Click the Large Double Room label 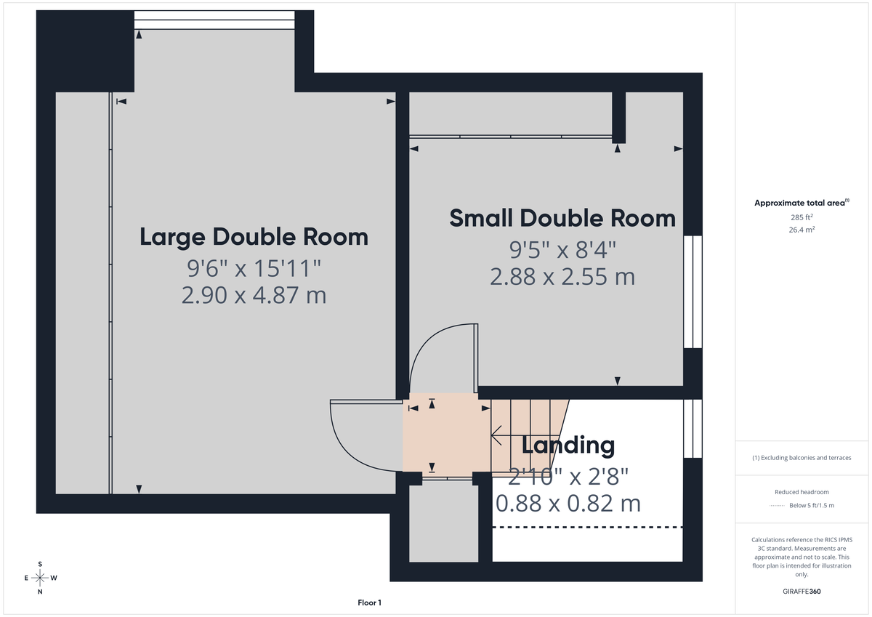point(254,237)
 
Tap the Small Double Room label point(562,218)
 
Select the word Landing point(568,445)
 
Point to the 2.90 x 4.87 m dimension point(254,296)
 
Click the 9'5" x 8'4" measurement point(562,250)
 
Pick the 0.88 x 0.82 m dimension point(568,503)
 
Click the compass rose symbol point(40,578)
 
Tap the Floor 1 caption point(369,602)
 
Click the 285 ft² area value point(802,217)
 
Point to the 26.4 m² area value point(802,230)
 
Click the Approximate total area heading point(802,203)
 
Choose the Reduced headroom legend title point(802,492)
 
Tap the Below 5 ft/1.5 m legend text point(811,505)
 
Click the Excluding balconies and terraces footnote point(802,458)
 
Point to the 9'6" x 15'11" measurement point(254,269)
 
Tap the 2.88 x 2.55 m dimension point(562,277)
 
